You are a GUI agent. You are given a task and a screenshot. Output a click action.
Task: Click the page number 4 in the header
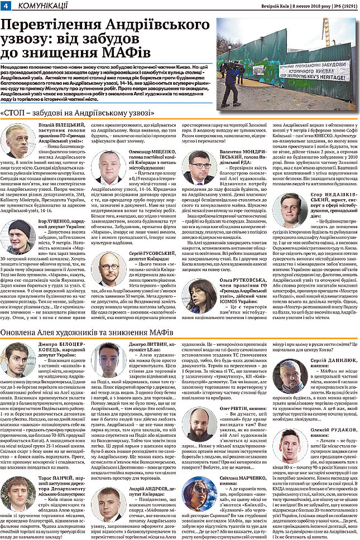point(5,5)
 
